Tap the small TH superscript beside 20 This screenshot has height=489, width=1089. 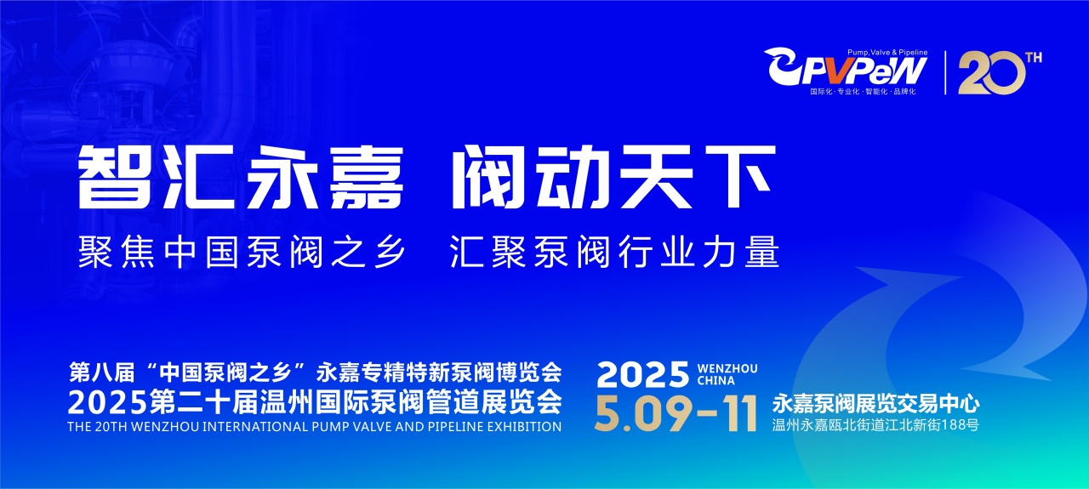click(x=1034, y=58)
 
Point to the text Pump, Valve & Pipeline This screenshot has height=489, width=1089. click(x=887, y=53)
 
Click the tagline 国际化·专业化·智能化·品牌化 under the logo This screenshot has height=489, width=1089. click(x=863, y=91)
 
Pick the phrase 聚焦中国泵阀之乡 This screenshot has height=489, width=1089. click(x=242, y=252)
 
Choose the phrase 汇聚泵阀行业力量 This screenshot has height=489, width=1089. click(x=614, y=252)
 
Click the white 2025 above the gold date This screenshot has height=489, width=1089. click(x=643, y=374)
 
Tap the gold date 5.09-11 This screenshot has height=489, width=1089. click(x=676, y=413)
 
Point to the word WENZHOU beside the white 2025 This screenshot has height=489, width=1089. click(x=727, y=368)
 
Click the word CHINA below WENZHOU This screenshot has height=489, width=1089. click(x=716, y=381)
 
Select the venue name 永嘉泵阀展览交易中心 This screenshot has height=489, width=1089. click(x=875, y=404)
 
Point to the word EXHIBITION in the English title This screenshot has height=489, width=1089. click(x=527, y=427)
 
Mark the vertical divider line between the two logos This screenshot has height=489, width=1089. click(x=945, y=73)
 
